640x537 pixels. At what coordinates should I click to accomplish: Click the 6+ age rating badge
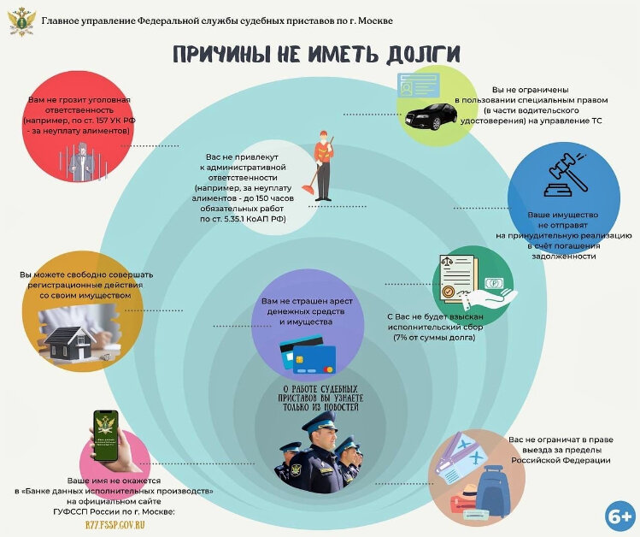[x=619, y=516]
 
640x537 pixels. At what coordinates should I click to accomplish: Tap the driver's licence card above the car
[x=417, y=88]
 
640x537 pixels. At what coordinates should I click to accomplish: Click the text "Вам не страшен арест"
[x=307, y=303]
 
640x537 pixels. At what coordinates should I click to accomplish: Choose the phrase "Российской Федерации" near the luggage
[x=561, y=460]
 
